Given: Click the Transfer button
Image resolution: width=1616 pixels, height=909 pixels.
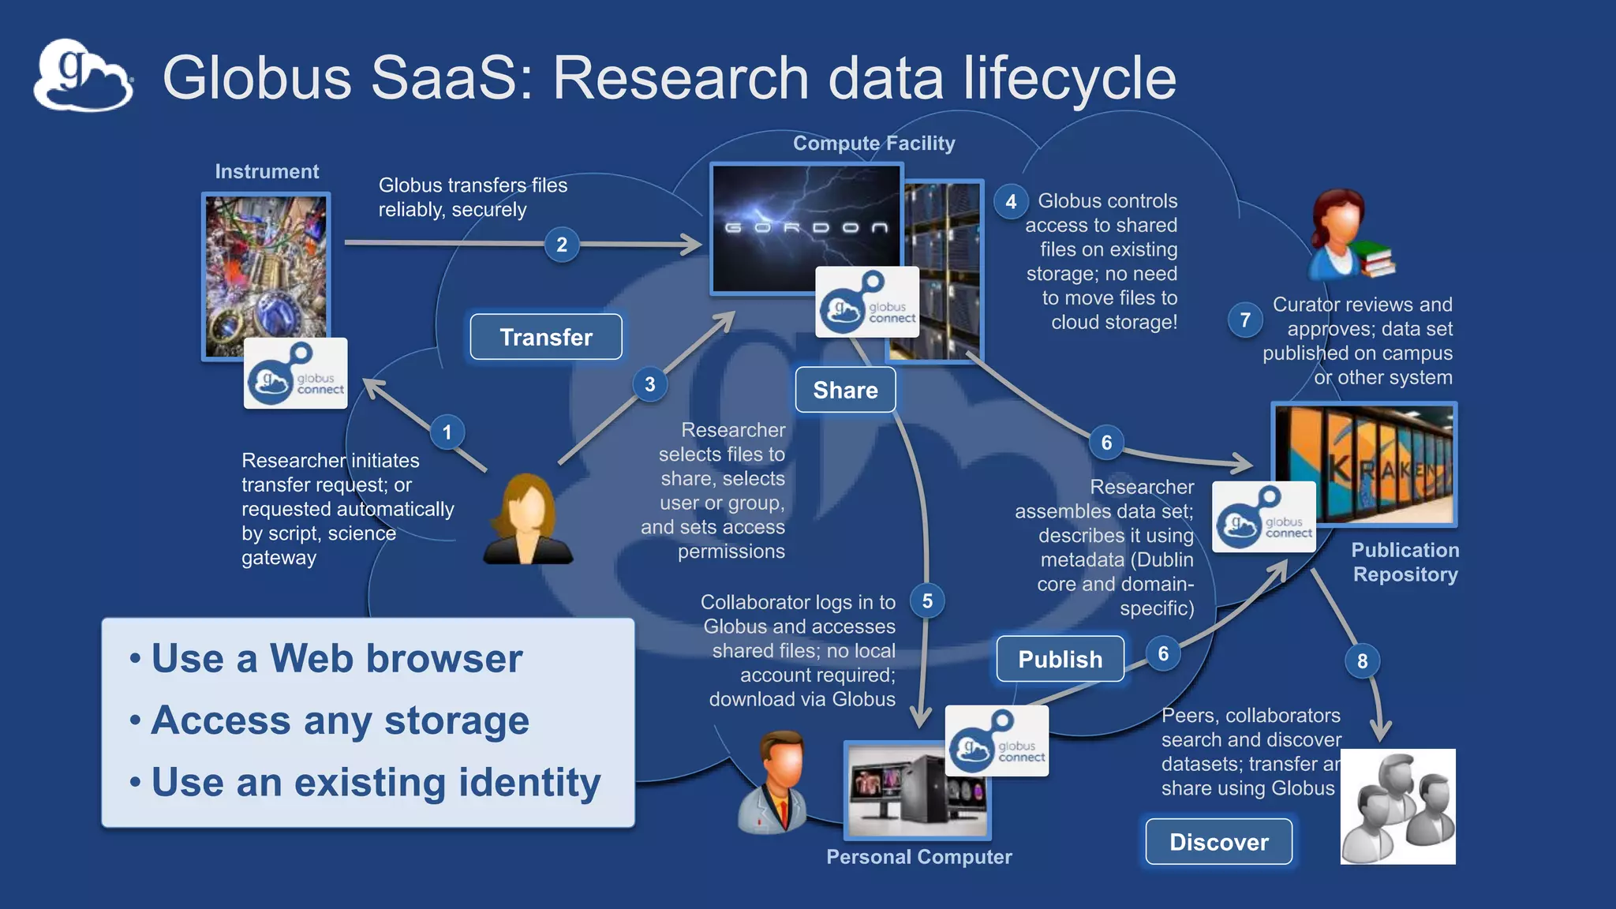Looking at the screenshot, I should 546,337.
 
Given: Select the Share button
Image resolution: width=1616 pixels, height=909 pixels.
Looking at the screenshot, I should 845,390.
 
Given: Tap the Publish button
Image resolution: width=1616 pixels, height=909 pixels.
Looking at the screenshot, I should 1060,659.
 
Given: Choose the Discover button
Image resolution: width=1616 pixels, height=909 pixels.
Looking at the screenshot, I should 1218,842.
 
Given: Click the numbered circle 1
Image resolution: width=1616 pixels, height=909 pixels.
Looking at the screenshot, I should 447,432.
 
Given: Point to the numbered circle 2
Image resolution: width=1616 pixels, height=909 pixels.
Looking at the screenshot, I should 562,245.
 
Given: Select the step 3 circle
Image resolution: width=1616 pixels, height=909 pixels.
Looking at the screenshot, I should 649,384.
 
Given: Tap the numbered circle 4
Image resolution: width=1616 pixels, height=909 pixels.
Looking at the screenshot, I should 1011,201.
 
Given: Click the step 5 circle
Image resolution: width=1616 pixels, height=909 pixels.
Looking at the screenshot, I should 927,601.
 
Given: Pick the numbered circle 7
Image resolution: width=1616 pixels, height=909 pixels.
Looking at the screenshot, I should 1245,320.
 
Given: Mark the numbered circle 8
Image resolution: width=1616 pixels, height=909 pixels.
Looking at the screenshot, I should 1362,661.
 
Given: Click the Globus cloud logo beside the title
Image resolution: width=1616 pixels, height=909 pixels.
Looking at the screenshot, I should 83,76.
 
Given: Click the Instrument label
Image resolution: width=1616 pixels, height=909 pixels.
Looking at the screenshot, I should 267,171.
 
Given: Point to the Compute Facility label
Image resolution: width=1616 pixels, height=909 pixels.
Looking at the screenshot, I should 873,143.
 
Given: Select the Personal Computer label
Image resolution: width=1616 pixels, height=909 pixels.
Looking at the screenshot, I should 918,857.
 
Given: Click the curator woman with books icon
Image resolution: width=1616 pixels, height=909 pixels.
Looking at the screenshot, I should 1348,234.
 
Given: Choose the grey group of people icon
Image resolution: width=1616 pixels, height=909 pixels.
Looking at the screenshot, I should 1397,806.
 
